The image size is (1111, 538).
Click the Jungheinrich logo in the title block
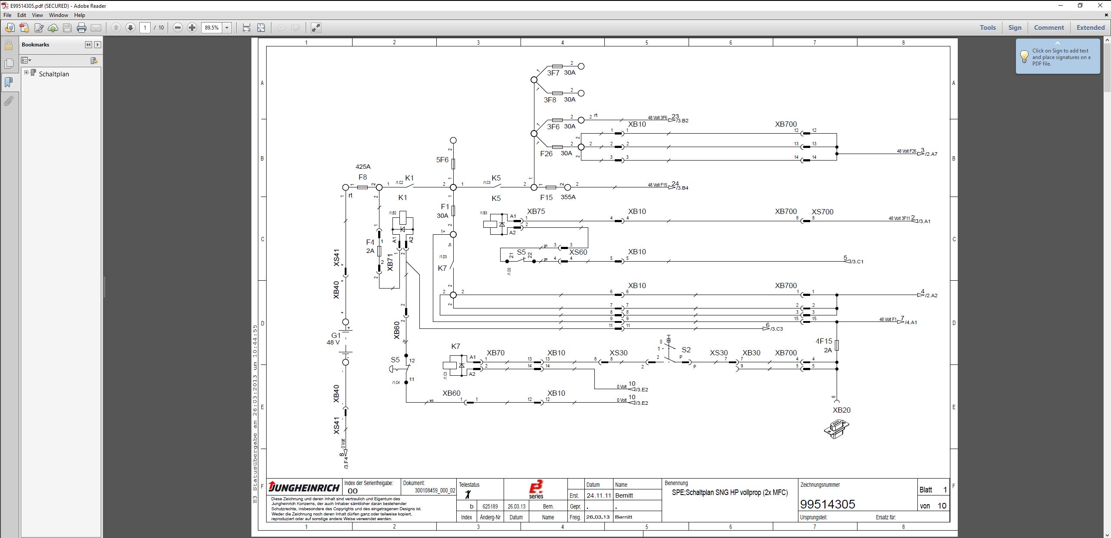pyautogui.click(x=304, y=487)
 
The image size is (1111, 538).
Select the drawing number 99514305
pyautogui.click(x=827, y=504)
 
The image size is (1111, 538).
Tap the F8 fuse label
pyautogui.click(x=363, y=177)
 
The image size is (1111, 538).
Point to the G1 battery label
pyautogui.click(x=336, y=335)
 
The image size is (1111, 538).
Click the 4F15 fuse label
pyautogui.click(x=824, y=341)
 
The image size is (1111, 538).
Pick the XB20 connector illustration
pyautogui.click(x=836, y=429)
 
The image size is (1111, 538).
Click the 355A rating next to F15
pyautogui.click(x=568, y=197)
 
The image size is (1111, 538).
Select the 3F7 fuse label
pyautogui.click(x=553, y=73)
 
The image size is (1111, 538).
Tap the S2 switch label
pyautogui.click(x=686, y=350)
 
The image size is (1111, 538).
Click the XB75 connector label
pyautogui.click(x=536, y=211)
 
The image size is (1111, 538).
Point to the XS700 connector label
pyautogui.click(x=822, y=212)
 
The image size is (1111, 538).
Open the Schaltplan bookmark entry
pyautogui.click(x=54, y=74)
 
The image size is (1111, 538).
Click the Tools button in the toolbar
pyautogui.click(x=987, y=28)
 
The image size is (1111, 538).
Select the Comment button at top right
pyautogui.click(x=1048, y=28)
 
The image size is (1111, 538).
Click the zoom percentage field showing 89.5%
pyautogui.click(x=212, y=28)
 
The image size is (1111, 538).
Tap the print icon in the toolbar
pyautogui.click(x=82, y=28)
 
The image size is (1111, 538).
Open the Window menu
pyautogui.click(x=58, y=15)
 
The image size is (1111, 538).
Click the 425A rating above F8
pyautogui.click(x=363, y=167)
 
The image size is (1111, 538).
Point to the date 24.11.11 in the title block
pyautogui.click(x=598, y=495)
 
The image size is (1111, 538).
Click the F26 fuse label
pyautogui.click(x=546, y=154)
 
